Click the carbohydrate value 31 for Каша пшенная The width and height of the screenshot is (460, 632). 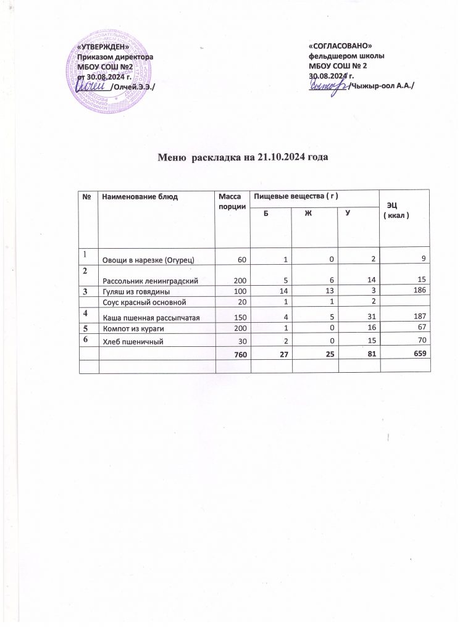[x=368, y=317]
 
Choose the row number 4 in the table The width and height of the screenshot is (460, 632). [x=87, y=313]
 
